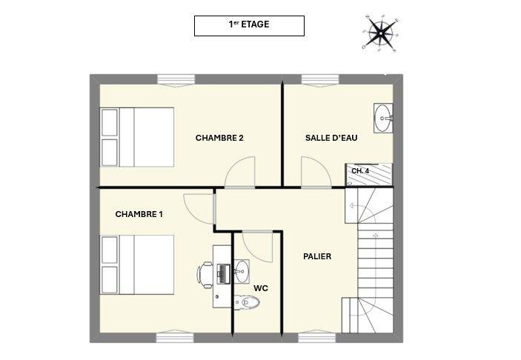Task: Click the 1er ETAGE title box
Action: click(249, 25)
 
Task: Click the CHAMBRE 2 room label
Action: click(219, 138)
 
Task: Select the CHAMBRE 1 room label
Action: click(139, 214)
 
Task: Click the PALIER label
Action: click(317, 256)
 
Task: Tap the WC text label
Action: click(260, 287)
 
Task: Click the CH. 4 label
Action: click(360, 171)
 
